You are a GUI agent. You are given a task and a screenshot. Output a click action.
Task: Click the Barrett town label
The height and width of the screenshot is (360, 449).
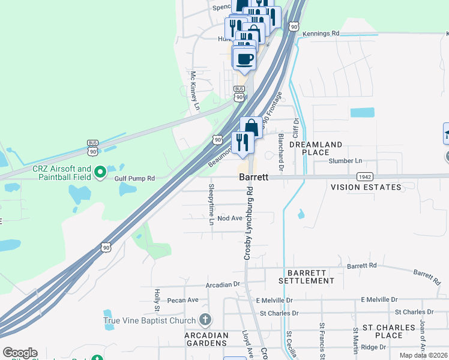[x=253, y=178]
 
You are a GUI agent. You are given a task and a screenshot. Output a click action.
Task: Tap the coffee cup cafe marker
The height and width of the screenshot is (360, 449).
[x=244, y=59]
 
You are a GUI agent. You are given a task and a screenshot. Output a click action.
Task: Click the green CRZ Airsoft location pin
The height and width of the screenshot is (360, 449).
[x=100, y=173]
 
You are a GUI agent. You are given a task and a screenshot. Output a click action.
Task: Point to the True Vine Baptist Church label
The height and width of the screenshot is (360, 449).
[x=149, y=320]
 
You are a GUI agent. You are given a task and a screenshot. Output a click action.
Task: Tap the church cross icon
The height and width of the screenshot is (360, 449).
[x=205, y=319]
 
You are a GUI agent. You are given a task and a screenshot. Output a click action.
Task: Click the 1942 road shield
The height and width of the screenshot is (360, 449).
[x=364, y=177]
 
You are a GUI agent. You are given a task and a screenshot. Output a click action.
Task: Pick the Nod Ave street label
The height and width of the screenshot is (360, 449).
[x=230, y=218]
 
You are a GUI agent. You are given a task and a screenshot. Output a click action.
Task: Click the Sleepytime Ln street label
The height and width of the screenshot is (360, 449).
[x=211, y=205]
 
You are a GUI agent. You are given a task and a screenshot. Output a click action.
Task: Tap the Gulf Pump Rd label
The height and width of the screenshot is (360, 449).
[x=135, y=178]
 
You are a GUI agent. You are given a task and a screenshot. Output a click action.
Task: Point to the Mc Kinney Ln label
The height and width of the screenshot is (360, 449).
[x=194, y=92]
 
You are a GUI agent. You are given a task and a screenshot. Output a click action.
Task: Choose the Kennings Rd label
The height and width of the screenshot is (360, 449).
[x=321, y=34]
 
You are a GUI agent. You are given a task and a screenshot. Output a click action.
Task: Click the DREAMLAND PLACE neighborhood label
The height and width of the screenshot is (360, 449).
[x=316, y=149]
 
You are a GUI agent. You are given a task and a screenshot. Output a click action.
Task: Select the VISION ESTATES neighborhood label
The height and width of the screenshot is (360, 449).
[x=366, y=188]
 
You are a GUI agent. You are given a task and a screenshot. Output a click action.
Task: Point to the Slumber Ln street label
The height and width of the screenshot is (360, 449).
[x=346, y=161]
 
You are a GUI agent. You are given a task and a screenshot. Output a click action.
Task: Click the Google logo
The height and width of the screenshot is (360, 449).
[x=20, y=353]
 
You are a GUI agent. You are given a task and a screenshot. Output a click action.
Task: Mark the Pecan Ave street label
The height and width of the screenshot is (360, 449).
[x=184, y=299]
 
